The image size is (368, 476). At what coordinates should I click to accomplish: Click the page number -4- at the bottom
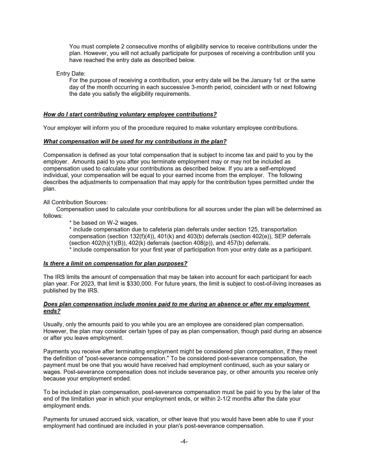click(184, 441)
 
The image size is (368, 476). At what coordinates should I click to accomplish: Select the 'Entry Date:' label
click(71, 74)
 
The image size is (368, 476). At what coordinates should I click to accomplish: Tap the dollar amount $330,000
click(139, 284)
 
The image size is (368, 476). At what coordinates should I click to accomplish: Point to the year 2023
click(87, 284)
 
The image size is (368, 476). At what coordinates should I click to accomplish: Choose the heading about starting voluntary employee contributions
click(130, 114)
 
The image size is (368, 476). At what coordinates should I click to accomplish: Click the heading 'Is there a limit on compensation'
click(115, 263)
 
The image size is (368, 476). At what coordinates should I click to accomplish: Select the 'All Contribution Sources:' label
click(75, 202)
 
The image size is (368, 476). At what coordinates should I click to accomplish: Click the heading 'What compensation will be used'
click(135, 141)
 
